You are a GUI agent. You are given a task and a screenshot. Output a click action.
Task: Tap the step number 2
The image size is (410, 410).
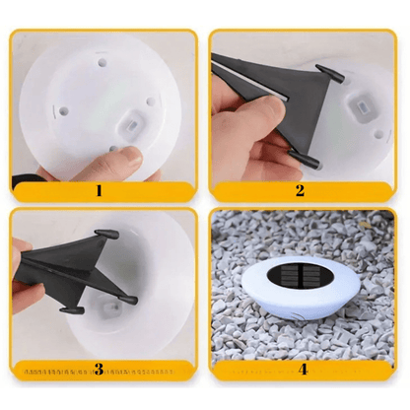coord(300,191)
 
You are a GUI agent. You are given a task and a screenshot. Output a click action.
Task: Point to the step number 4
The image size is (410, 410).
coord(304,370)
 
